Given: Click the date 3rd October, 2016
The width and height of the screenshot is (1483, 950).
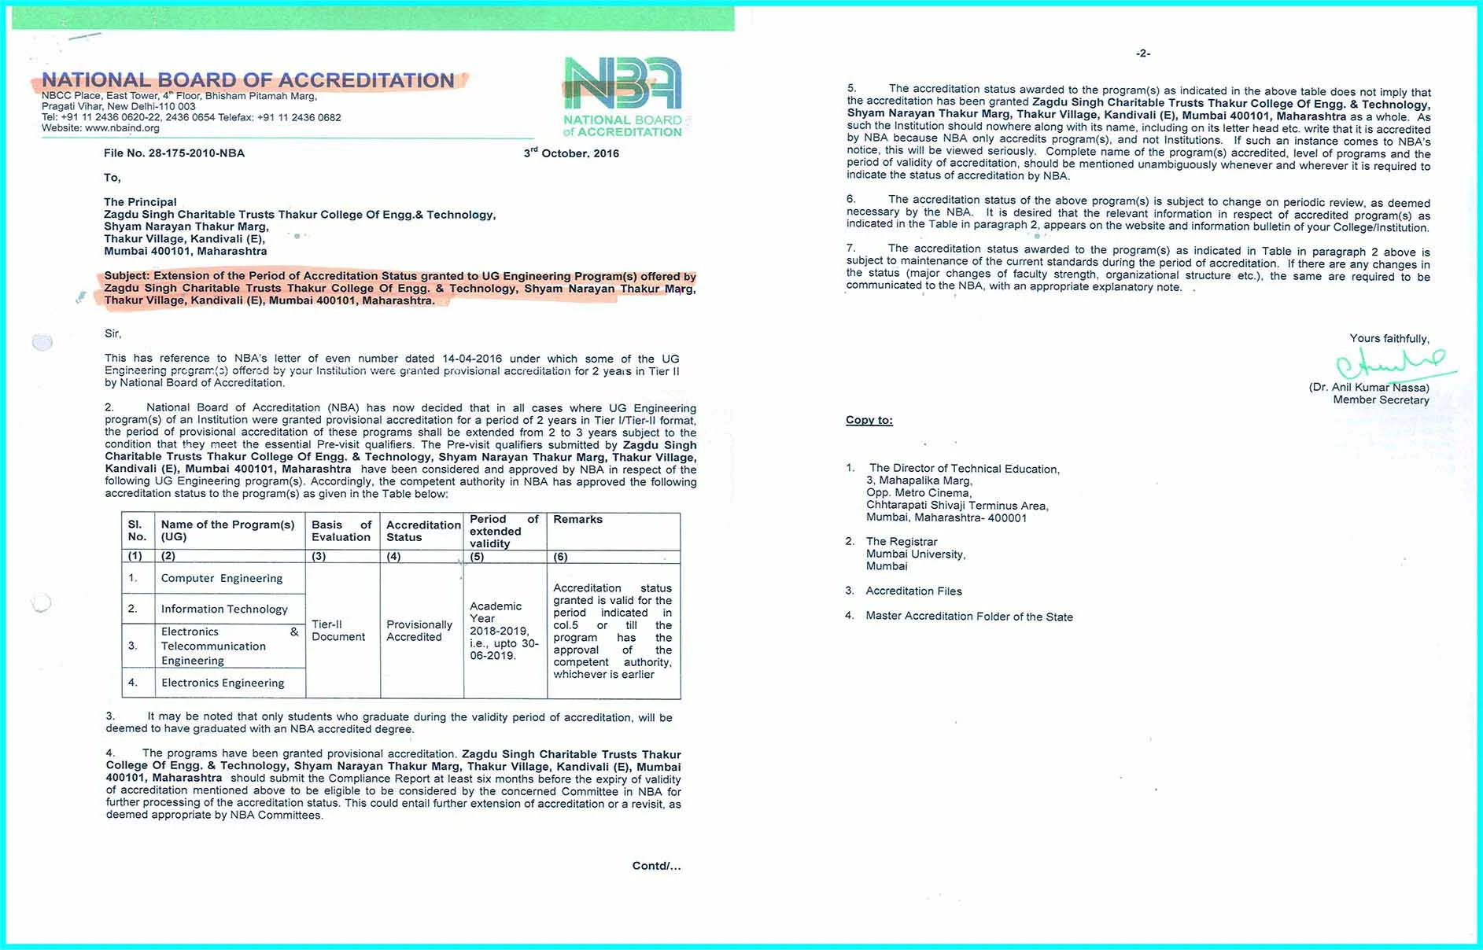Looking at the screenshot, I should click(571, 153).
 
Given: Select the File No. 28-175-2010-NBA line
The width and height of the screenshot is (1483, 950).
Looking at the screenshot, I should click(174, 153).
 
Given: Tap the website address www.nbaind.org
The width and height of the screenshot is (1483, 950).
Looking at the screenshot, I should click(122, 128).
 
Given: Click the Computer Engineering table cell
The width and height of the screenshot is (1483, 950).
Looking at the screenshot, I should click(221, 578).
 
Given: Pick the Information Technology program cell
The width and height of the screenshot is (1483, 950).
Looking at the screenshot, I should click(224, 609).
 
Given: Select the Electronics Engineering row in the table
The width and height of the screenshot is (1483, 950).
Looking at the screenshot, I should click(223, 683).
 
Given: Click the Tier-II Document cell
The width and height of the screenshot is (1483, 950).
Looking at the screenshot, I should click(338, 631).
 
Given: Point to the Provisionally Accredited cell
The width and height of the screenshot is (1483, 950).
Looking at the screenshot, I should click(419, 631).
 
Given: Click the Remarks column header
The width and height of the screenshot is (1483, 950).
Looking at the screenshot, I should click(577, 520).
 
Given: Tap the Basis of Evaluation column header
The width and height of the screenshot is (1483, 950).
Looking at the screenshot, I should click(341, 531).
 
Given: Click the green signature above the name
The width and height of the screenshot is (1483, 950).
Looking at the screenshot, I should click(1391, 364).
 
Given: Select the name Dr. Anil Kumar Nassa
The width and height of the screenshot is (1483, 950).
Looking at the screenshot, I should click(1369, 388).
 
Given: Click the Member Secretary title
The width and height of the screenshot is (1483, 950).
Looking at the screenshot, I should click(1381, 400).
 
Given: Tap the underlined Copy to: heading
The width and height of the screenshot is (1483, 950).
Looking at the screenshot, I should click(869, 421).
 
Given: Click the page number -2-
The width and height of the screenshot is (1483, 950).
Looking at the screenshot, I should click(1143, 53).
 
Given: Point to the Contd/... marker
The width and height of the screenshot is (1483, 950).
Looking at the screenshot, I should click(656, 866).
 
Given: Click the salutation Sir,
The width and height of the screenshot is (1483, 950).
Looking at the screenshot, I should click(113, 333).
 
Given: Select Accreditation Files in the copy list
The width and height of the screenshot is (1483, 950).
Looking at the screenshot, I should click(913, 591).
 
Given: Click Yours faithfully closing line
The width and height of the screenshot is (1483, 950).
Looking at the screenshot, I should click(1389, 339).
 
